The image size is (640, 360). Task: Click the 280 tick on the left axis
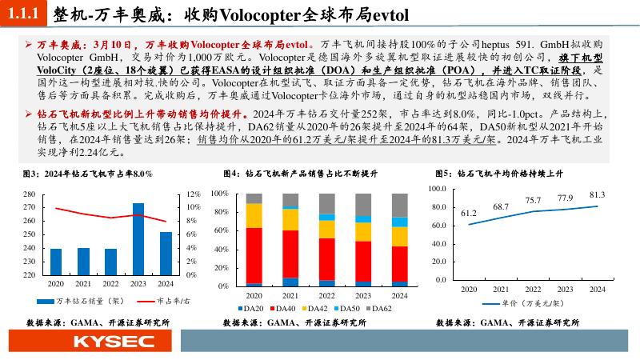(x=30, y=194)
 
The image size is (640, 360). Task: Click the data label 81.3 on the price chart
(x=597, y=195)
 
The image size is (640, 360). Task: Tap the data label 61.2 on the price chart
(x=469, y=214)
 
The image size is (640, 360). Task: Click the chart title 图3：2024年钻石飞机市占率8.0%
(x=87, y=174)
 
